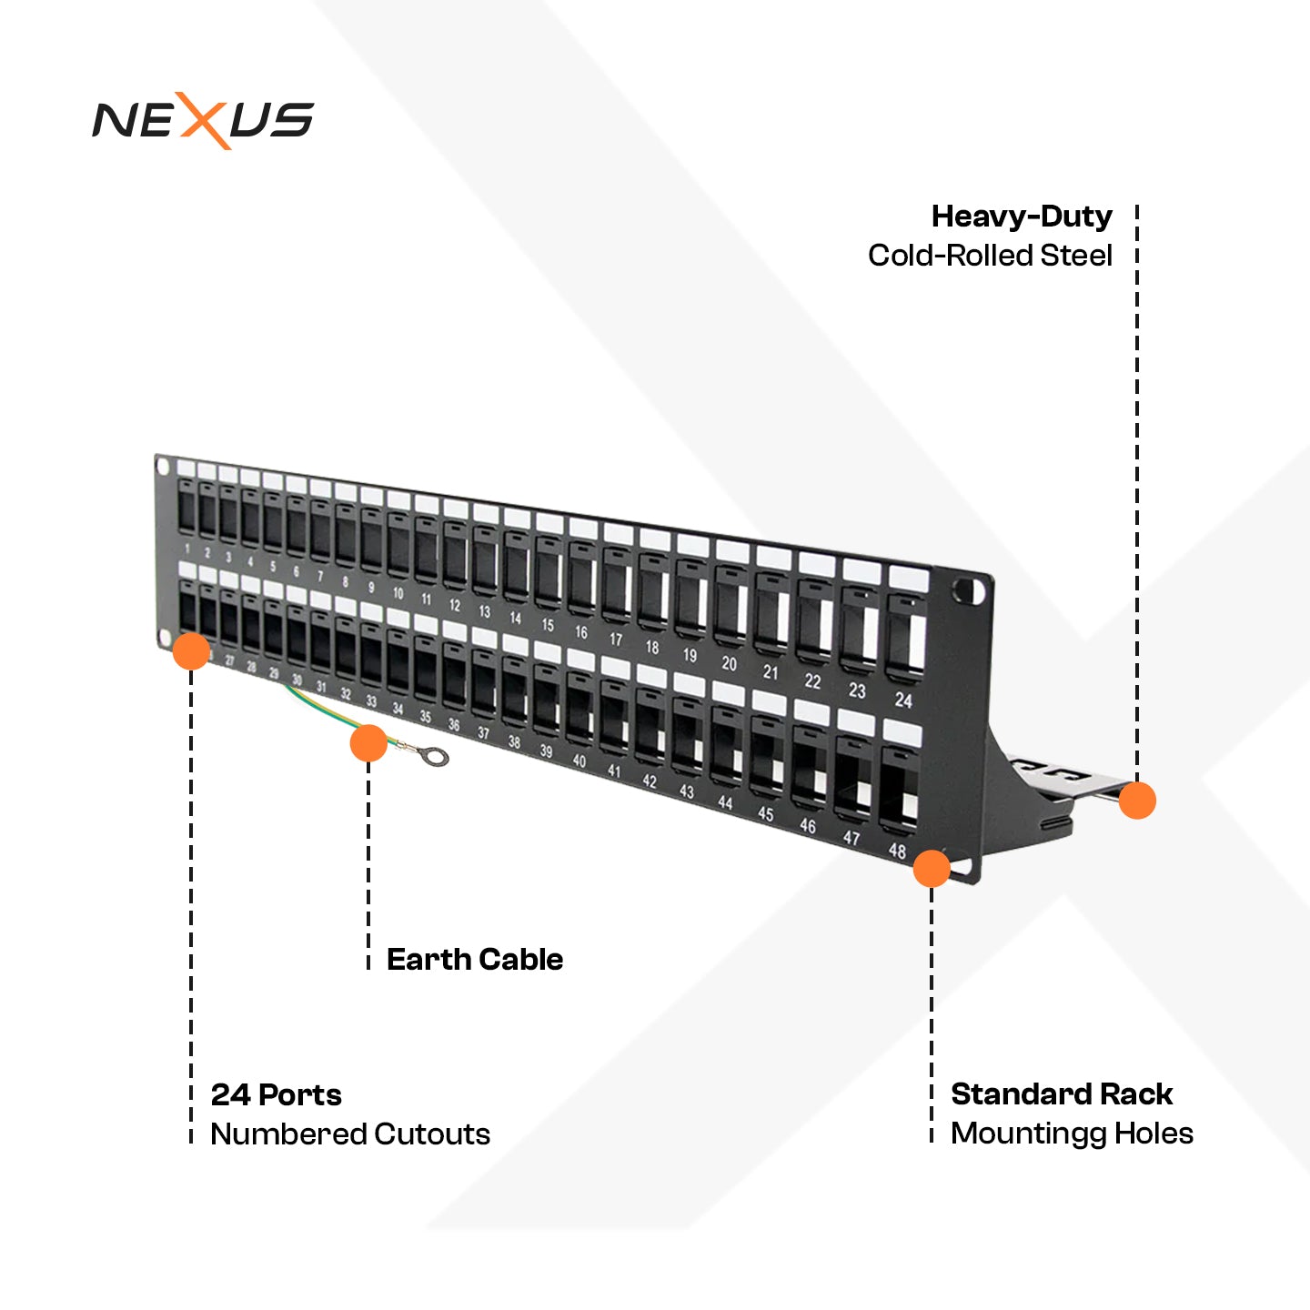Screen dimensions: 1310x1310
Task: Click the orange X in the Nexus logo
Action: click(205, 120)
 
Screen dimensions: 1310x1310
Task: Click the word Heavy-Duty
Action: click(1022, 217)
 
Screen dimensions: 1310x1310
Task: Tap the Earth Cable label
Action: click(474, 960)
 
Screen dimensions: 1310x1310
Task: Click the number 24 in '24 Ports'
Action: click(229, 1095)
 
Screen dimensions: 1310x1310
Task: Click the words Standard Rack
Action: click(1061, 1094)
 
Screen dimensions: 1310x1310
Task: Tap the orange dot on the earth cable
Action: click(368, 743)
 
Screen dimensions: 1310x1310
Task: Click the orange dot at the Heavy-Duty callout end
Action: click(1136, 801)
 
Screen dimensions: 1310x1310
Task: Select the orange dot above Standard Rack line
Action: click(932, 869)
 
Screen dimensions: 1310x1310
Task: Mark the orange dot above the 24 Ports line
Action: click(191, 651)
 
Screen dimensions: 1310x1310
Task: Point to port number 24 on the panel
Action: click(902, 700)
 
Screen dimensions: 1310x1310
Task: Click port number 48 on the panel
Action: click(897, 851)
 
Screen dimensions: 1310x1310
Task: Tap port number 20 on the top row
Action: click(729, 664)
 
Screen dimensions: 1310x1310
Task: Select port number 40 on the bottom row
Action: click(579, 761)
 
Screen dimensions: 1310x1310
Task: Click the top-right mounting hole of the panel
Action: click(967, 592)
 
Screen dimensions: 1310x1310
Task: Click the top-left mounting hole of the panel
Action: click(164, 468)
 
